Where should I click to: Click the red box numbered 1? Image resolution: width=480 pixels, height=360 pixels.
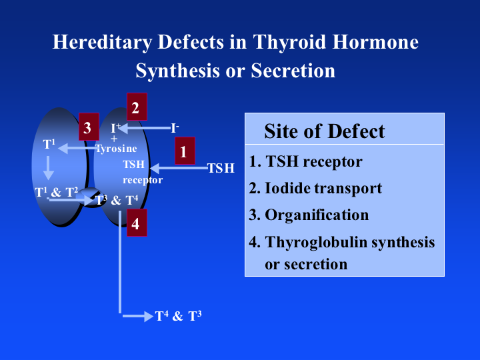pyautogui.click(x=183, y=151)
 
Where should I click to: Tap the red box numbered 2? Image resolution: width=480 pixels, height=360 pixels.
pyautogui.click(x=136, y=107)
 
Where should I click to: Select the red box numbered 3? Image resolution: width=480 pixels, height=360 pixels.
pyautogui.click(x=88, y=127)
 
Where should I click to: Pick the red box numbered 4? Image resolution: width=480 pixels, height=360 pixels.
pyautogui.click(x=135, y=223)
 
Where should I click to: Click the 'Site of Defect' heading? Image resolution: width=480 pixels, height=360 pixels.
pyautogui.click(x=324, y=131)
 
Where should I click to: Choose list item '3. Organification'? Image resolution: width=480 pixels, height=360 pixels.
pyautogui.click(x=309, y=215)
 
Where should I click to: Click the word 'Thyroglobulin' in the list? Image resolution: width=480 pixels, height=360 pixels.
pyautogui.click(x=315, y=242)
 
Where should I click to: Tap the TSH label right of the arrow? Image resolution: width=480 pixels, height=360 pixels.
pyautogui.click(x=221, y=168)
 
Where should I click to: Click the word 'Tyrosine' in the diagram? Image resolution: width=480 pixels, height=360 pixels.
pyautogui.click(x=116, y=149)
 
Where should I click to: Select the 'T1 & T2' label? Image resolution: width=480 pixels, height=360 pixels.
pyautogui.click(x=57, y=193)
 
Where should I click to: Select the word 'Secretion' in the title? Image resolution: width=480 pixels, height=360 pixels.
pyautogui.click(x=293, y=71)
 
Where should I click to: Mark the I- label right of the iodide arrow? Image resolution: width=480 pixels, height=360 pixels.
pyautogui.click(x=175, y=127)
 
